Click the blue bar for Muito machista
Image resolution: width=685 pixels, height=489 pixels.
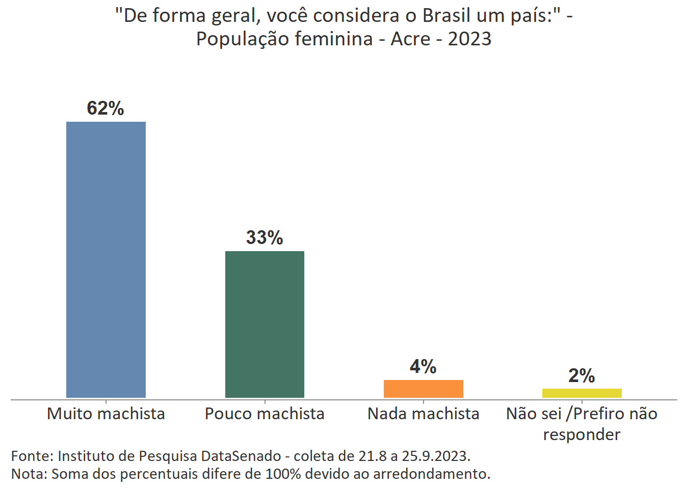[106, 260]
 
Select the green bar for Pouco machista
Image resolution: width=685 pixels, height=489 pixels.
[265, 324]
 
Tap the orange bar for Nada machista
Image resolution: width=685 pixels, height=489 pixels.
[423, 389]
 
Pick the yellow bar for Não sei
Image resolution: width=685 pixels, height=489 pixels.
[582, 393]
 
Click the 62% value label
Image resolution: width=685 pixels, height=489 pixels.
[106, 108]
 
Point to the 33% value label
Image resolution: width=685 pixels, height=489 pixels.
[265, 238]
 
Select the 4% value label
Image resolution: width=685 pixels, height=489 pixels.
[423, 367]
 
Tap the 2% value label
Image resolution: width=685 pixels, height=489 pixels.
[582, 376]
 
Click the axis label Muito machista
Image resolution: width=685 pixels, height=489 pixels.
[106, 414]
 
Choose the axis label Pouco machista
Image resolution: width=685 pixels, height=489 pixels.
[265, 414]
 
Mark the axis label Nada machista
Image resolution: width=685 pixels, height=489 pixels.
[423, 414]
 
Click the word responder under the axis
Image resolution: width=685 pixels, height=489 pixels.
[582, 434]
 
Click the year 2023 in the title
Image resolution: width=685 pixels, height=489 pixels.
[469, 39]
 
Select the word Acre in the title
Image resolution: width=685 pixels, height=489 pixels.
[410, 39]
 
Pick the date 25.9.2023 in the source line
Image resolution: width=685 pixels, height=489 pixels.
[436, 455]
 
